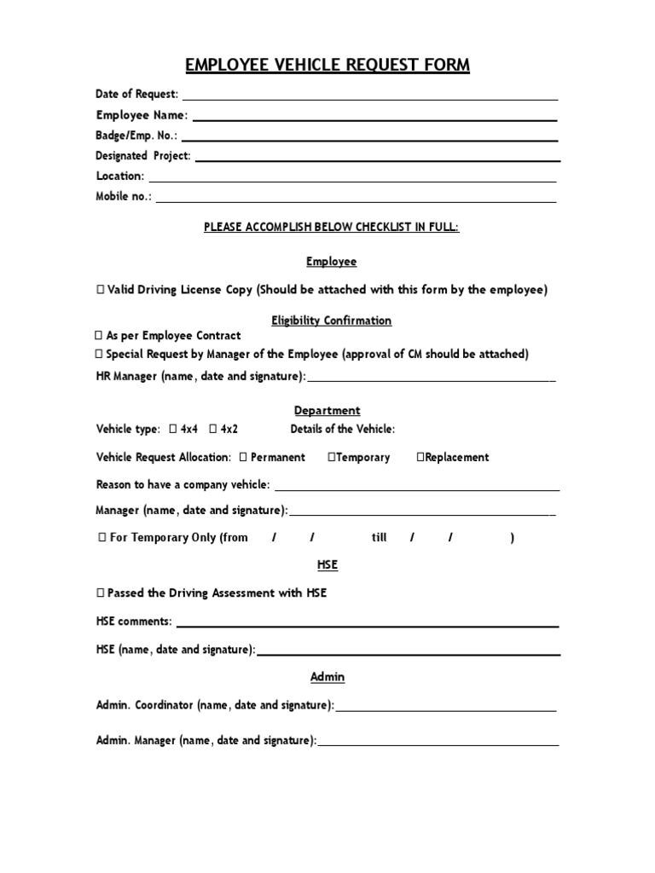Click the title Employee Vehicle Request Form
tap(327, 66)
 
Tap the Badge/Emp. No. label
tap(136, 135)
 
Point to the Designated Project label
tap(143, 156)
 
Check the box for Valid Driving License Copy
tap(101, 290)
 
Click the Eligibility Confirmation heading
tap(331, 321)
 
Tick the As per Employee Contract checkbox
tap(99, 336)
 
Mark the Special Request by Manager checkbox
tap(99, 354)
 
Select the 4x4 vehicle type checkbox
tap(173, 430)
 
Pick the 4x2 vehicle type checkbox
tap(212, 430)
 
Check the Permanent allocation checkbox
tap(244, 458)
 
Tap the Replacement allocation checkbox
tap(420, 458)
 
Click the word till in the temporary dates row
tap(379, 538)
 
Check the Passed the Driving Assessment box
tap(101, 593)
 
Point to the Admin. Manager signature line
tap(438, 744)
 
